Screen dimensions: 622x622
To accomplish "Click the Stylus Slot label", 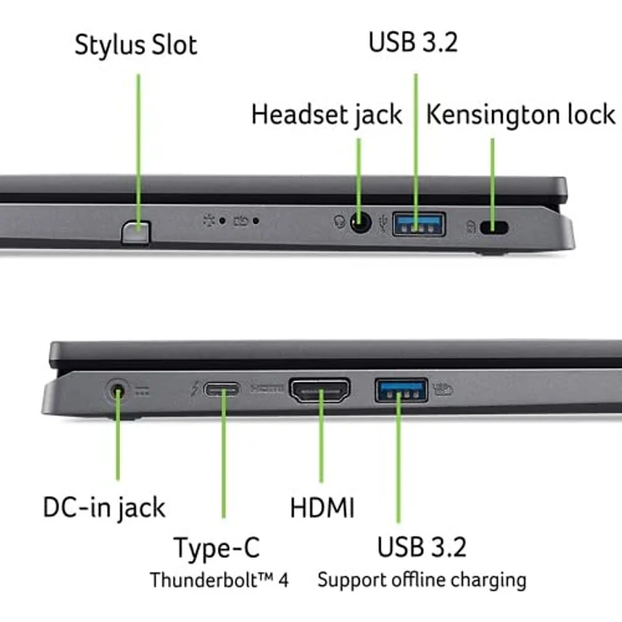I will tap(135, 45).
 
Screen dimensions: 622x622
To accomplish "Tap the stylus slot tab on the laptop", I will tap(135, 231).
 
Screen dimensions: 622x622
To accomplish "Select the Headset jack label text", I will tap(326, 115).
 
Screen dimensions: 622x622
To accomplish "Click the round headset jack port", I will tap(361, 224).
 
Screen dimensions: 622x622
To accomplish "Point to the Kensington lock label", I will tap(521, 115).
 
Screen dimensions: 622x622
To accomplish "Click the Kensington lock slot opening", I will tap(494, 227).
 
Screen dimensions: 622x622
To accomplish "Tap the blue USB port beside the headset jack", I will tap(418, 224).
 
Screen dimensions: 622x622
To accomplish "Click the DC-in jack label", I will tap(104, 508).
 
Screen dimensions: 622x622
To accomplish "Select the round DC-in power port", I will tap(119, 390).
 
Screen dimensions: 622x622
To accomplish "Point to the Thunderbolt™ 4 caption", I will tap(220, 581).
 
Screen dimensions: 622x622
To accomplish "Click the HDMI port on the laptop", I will tap(320, 391).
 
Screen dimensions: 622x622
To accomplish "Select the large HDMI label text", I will tap(322, 508).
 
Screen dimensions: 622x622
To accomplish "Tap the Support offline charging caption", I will tap(422, 581).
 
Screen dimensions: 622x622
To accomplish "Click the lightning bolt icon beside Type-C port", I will tap(196, 390).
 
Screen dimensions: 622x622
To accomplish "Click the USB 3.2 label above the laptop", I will tap(413, 43).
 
